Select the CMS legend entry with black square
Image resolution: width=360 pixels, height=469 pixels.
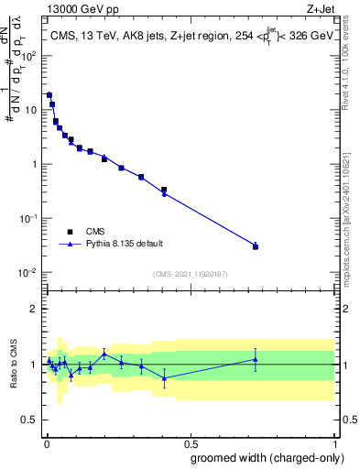tap(95, 232)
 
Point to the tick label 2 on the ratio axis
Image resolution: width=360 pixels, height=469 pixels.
tap(33, 309)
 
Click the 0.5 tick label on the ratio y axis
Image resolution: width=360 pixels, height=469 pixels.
tap(29, 421)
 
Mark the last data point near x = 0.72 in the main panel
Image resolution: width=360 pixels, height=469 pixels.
tap(256, 246)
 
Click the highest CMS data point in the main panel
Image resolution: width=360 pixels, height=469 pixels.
tap(49, 94)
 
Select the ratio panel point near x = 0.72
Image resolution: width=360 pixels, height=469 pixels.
tap(256, 359)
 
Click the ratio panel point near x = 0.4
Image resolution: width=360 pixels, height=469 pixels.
tap(164, 377)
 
